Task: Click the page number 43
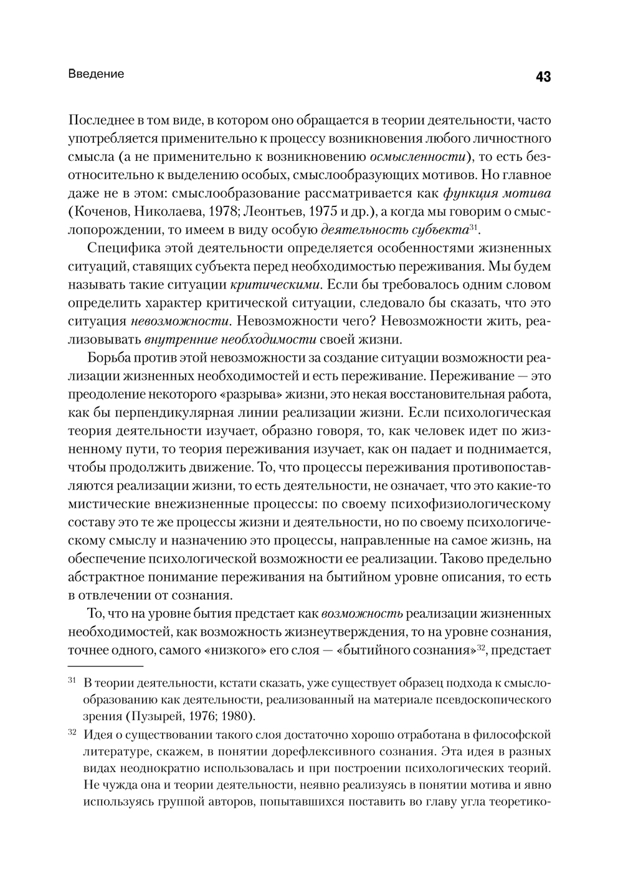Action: [542, 77]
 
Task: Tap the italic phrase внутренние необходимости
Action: [231, 340]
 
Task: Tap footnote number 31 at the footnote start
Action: [71, 681]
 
